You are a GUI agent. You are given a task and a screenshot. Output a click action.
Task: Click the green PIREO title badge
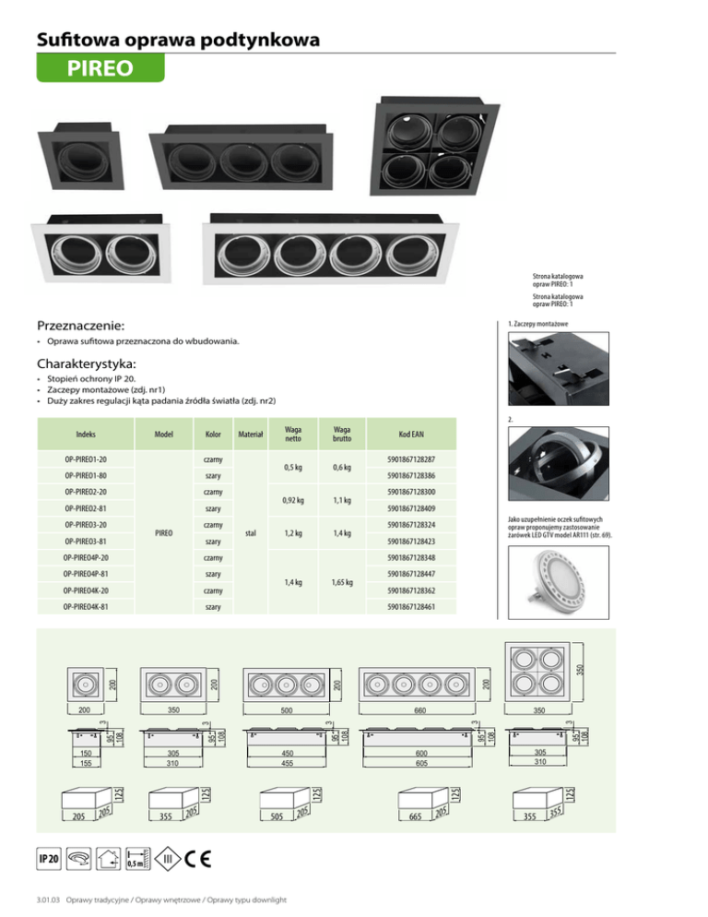(100, 68)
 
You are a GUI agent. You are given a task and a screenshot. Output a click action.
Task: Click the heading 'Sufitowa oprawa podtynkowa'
(179, 40)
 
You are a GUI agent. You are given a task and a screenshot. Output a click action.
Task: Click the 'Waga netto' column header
(294, 433)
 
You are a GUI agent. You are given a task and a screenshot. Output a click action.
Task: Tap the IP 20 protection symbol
(49, 858)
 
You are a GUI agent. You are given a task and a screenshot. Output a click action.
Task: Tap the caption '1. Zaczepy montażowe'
(537, 324)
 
